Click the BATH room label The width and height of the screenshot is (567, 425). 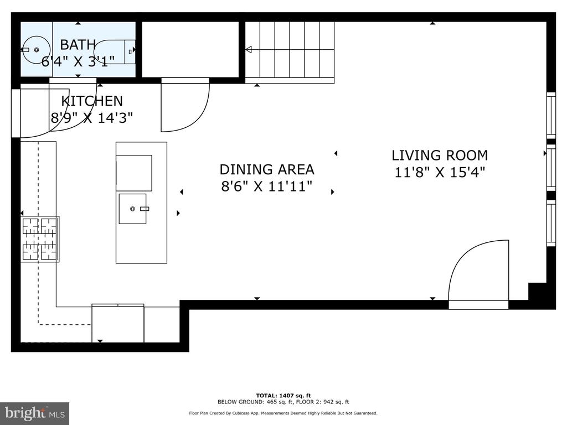[x=78, y=45]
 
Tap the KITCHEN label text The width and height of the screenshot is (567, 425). [x=92, y=101]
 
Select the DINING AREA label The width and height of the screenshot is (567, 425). [x=267, y=169]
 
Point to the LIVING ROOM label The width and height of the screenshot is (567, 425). [x=440, y=156]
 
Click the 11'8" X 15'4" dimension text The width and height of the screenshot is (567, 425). [x=439, y=173]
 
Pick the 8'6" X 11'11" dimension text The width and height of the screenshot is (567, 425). [x=267, y=186]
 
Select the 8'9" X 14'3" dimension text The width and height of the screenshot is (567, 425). [x=92, y=118]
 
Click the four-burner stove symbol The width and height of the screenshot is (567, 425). [x=40, y=239]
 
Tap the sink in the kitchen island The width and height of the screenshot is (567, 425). [x=133, y=209]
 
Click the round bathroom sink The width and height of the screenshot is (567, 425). [x=35, y=49]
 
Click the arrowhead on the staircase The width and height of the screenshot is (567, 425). [x=249, y=49]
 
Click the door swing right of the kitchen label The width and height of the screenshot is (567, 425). [x=185, y=105]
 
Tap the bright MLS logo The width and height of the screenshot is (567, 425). [x=34, y=413]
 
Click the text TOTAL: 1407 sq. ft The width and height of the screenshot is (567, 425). [x=283, y=395]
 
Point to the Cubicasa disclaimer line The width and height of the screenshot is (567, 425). [x=283, y=413]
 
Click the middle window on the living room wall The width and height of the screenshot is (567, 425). [x=551, y=167]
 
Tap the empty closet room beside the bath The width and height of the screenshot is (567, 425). [x=190, y=49]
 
